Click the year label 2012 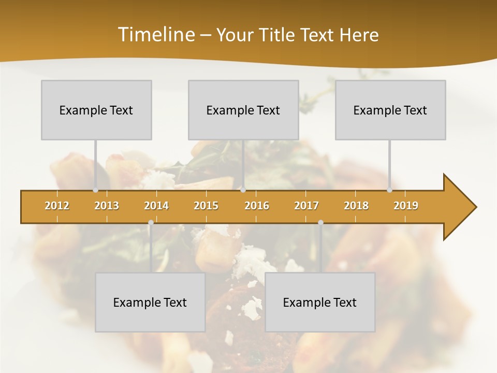click(57, 206)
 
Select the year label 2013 click(107, 206)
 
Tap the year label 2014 click(156, 206)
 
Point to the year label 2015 click(206, 206)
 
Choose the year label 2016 click(257, 206)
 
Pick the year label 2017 click(306, 206)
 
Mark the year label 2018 click(356, 206)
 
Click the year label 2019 click(406, 206)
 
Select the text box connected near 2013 click(96, 110)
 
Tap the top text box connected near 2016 click(243, 110)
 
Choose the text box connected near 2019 click(390, 110)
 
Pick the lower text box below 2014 click(150, 302)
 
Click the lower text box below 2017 click(320, 302)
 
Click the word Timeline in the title click(155, 35)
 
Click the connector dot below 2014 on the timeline click(151, 223)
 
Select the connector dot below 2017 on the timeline click(320, 223)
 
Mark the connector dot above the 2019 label click(390, 190)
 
